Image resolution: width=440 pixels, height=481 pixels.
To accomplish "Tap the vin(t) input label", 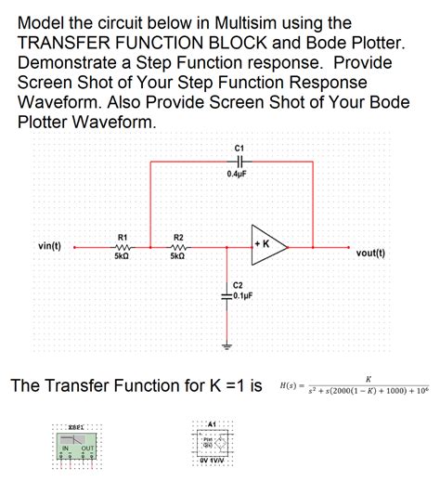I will pos(50,246).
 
